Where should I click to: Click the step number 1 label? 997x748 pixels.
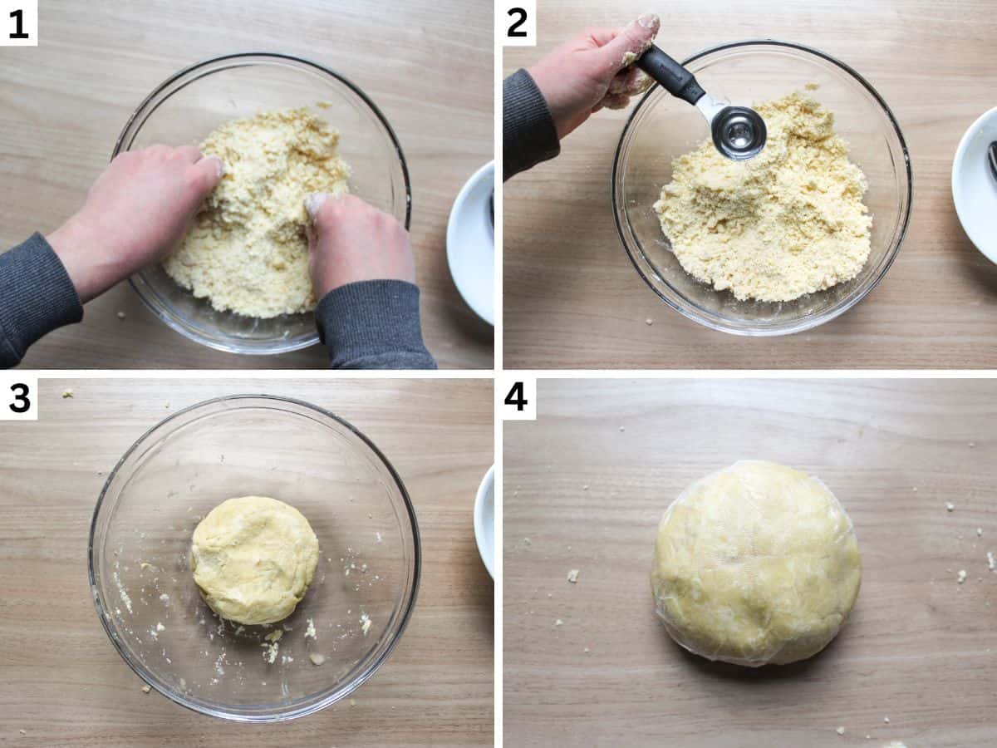pos(18,22)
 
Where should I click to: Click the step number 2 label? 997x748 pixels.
pos(518,22)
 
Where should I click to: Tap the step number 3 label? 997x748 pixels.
pos(18,398)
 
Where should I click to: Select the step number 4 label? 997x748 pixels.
pos(518,398)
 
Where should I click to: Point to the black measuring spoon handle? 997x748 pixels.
pos(671,73)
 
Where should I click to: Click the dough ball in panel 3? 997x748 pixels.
pos(254,559)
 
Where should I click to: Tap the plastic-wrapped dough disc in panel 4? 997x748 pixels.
pos(755,563)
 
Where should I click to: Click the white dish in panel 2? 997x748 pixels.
pos(976,183)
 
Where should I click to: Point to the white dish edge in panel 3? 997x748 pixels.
pos(484,519)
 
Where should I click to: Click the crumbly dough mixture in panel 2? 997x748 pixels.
pos(764,216)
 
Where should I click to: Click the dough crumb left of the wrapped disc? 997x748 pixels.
pos(572,574)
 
